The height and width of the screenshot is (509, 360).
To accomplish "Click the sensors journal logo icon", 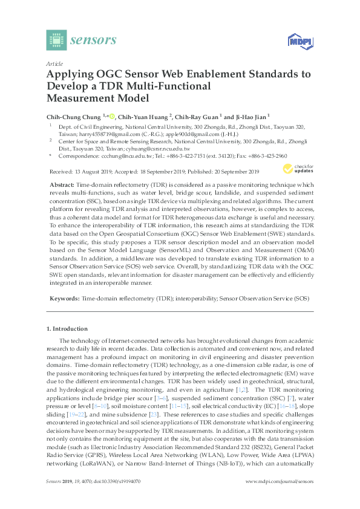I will coord(57,40).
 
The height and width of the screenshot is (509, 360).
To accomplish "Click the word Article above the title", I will coord(54,63).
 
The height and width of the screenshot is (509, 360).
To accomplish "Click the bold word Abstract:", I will coord(63,183).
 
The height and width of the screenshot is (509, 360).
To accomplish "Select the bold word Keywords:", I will coord(63,299).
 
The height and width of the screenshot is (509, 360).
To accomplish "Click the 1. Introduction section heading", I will coord(67,328).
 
